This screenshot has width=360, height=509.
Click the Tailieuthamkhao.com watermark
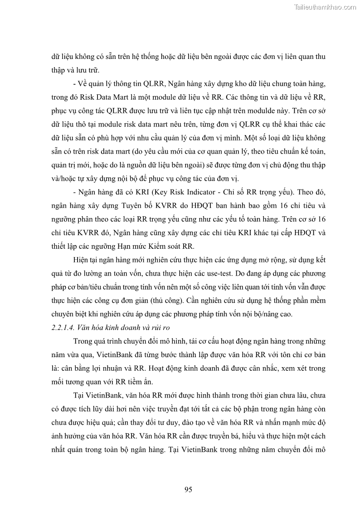pos(325,7)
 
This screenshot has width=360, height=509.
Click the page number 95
pos(189,489)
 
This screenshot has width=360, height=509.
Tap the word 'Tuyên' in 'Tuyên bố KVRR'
pos(119,205)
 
